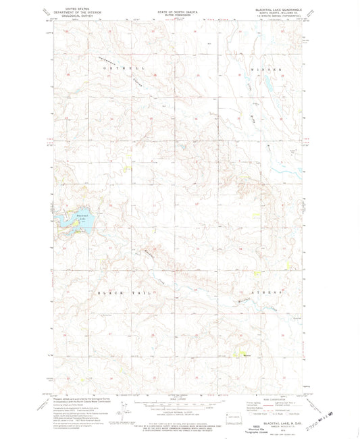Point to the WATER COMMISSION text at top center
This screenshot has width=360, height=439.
tap(180, 15)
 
